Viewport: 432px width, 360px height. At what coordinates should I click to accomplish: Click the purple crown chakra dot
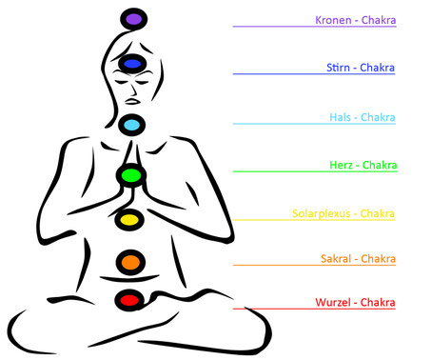132,18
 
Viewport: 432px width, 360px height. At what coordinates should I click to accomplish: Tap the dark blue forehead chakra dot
128,65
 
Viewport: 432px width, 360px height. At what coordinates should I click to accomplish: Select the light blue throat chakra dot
131,125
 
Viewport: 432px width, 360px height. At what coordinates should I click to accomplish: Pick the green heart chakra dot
128,175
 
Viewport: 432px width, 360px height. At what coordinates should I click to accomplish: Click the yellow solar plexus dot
128,220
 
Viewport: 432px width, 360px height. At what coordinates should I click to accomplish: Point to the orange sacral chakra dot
128,261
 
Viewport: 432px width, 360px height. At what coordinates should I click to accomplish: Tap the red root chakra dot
128,301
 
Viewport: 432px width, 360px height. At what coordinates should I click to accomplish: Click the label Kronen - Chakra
355,20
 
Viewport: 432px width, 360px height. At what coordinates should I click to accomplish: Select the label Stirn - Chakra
360,68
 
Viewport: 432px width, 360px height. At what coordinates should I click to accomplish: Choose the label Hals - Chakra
362,117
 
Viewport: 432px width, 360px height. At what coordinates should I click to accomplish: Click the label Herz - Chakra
362,165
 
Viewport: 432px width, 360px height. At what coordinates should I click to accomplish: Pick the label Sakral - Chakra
358,258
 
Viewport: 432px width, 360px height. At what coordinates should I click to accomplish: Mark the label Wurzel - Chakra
356,303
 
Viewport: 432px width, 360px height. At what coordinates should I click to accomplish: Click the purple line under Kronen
314,28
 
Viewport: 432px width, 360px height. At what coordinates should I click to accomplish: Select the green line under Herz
314,172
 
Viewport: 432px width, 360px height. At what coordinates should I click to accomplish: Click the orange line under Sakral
314,266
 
